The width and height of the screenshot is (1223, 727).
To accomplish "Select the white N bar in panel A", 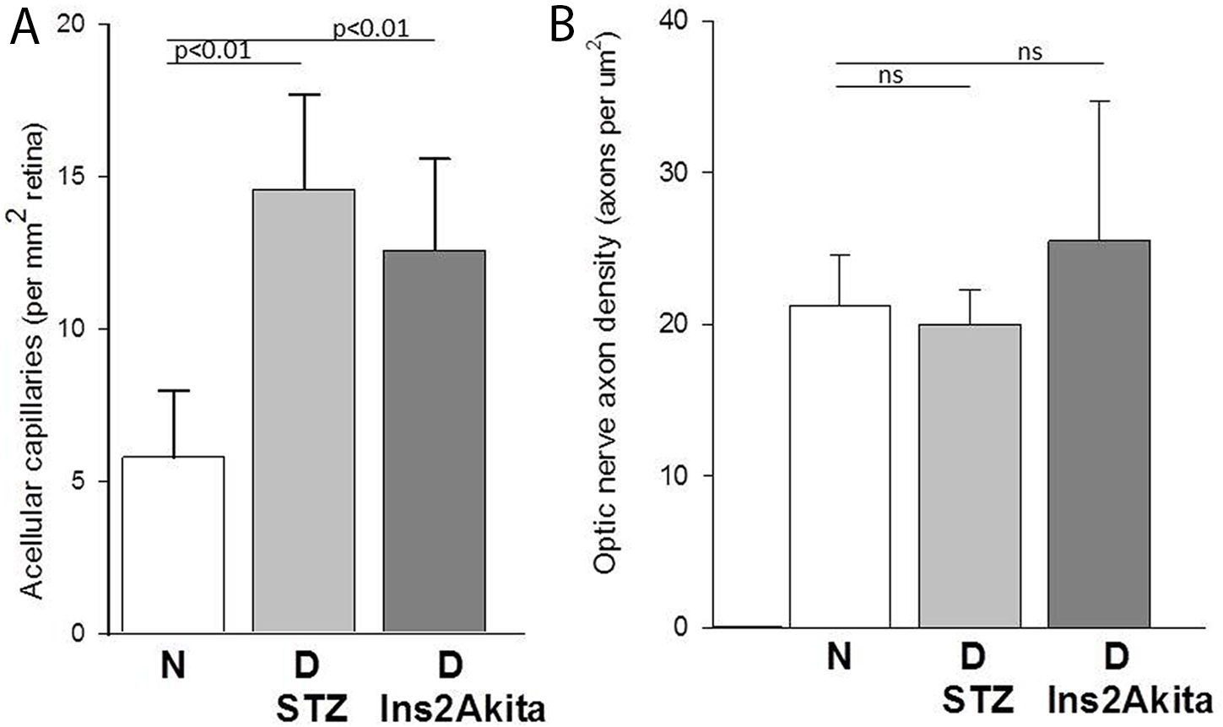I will [173, 545].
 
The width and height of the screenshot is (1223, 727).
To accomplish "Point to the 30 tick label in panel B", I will [672, 172].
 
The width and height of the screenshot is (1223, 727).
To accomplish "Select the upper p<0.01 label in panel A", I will [371, 30].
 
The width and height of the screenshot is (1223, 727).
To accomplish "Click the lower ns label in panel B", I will [890, 75].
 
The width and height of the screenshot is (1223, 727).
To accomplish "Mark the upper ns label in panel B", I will [1029, 52].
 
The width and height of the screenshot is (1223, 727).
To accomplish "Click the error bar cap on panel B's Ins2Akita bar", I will [1099, 101].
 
